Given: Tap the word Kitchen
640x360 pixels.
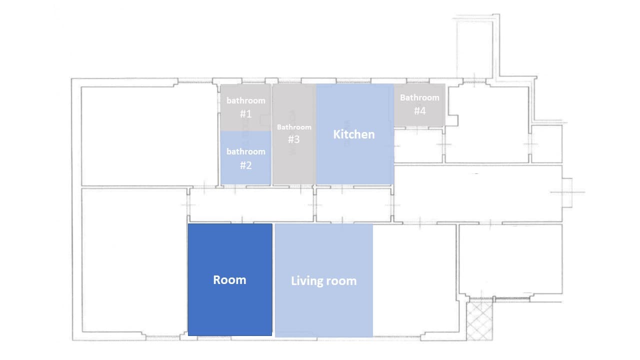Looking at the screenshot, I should click(x=354, y=134).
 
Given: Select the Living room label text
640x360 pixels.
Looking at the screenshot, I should click(x=324, y=281).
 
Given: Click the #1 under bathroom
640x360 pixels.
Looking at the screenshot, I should click(x=245, y=114).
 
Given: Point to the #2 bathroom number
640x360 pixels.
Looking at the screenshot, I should click(x=245, y=165).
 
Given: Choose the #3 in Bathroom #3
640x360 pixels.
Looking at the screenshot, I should click(x=294, y=139).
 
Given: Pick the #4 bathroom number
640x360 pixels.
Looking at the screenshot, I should click(x=420, y=111).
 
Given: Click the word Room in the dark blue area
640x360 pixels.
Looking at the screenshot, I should click(x=229, y=279).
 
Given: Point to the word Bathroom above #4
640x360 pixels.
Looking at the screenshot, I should click(x=420, y=97).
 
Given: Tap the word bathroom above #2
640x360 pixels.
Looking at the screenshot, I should click(x=245, y=151).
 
